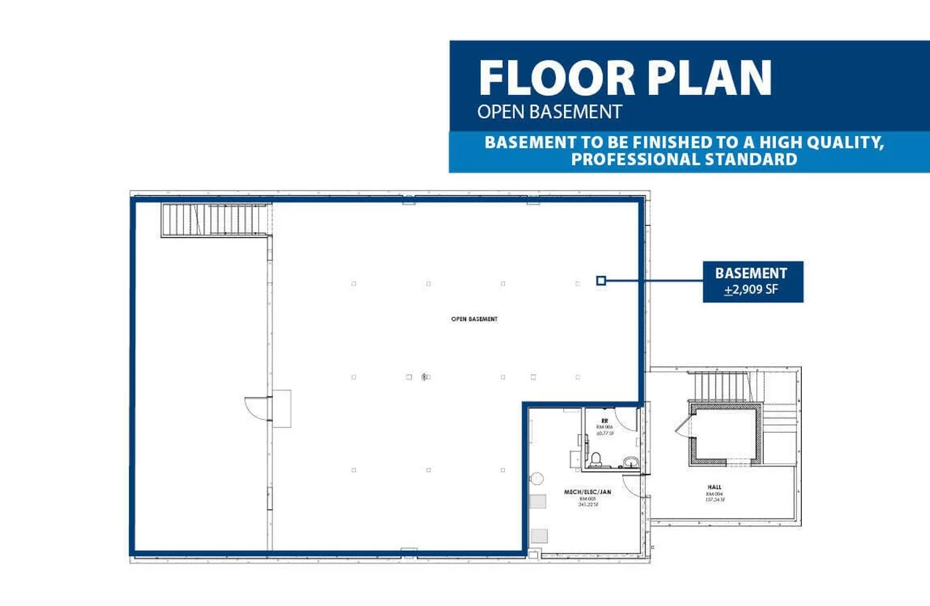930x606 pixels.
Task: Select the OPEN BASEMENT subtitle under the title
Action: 549,112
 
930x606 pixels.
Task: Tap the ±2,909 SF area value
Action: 751,290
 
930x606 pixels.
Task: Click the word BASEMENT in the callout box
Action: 751,273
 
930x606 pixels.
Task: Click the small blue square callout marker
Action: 601,281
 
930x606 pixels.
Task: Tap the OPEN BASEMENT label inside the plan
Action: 474,319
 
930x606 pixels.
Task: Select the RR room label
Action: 604,421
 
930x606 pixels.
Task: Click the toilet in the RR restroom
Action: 596,459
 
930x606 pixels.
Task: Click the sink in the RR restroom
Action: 630,462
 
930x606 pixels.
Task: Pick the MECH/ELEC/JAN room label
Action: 587,492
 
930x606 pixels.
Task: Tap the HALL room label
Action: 715,487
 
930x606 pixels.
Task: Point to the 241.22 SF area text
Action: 588,505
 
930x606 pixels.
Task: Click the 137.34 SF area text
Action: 715,500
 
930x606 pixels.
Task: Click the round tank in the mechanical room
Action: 537,479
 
